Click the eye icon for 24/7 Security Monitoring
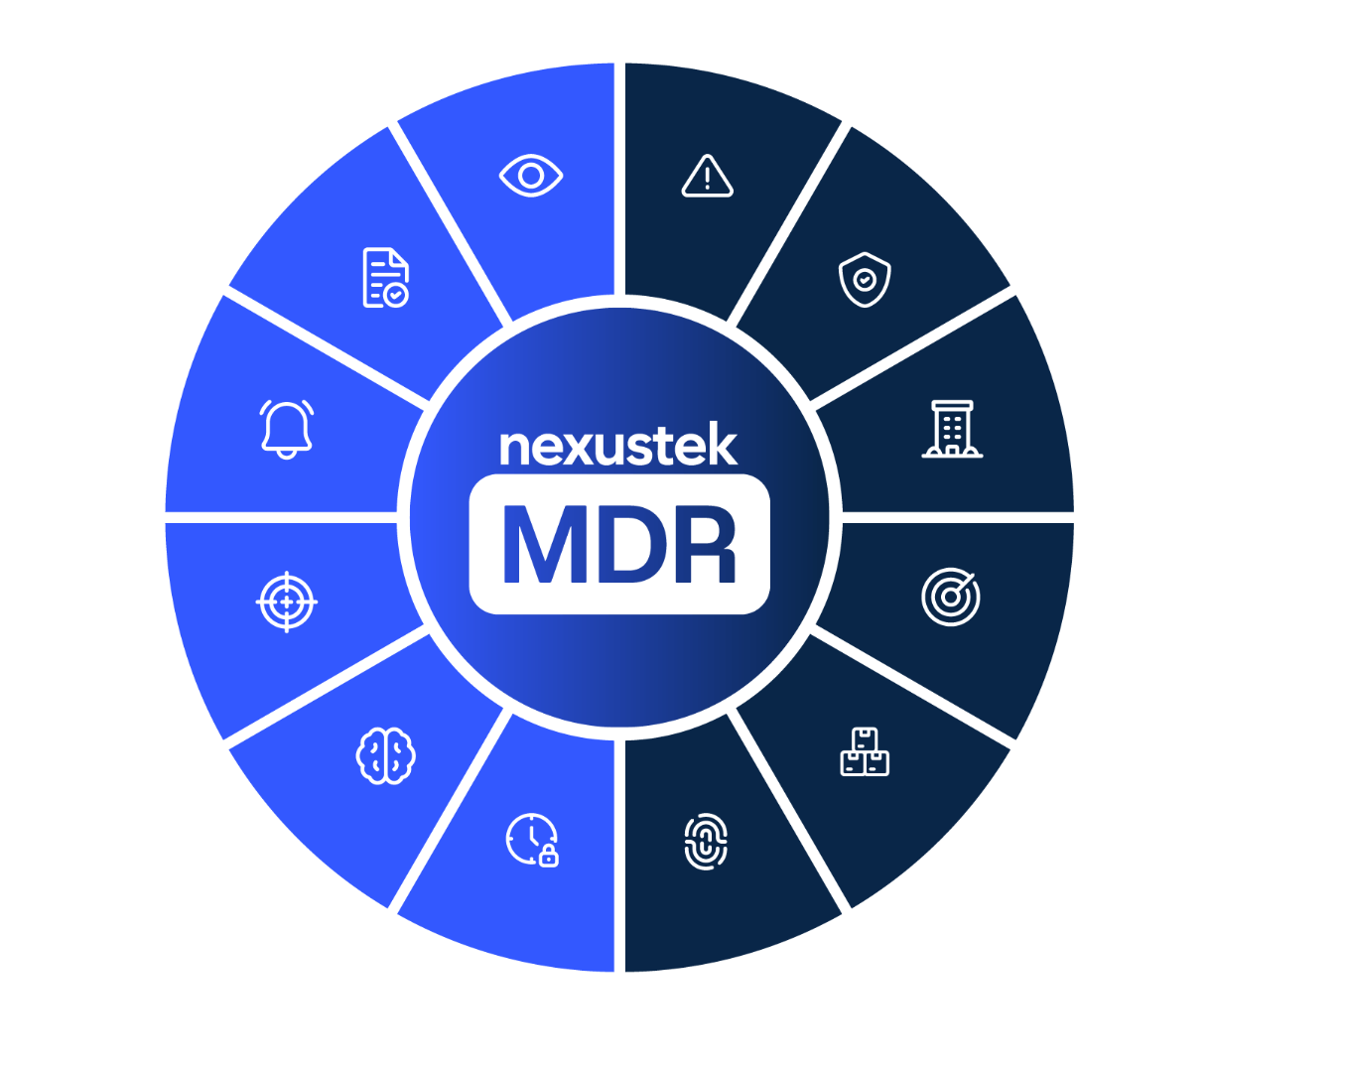pyautogui.click(x=531, y=177)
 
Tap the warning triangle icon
pyautogui.click(x=707, y=177)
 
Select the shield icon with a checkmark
pyautogui.click(x=865, y=280)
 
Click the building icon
pyautogui.click(x=952, y=429)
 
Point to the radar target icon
pyautogui.click(x=951, y=597)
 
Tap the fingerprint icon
pyautogui.click(x=706, y=843)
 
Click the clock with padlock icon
pyautogui.click(x=532, y=840)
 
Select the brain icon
pyautogui.click(x=385, y=756)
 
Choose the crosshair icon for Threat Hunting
pyautogui.click(x=287, y=600)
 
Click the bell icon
pyautogui.click(x=287, y=429)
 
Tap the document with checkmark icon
pyautogui.click(x=385, y=278)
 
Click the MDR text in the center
pyautogui.click(x=619, y=545)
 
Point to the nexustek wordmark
pyautogui.click(x=618, y=446)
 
